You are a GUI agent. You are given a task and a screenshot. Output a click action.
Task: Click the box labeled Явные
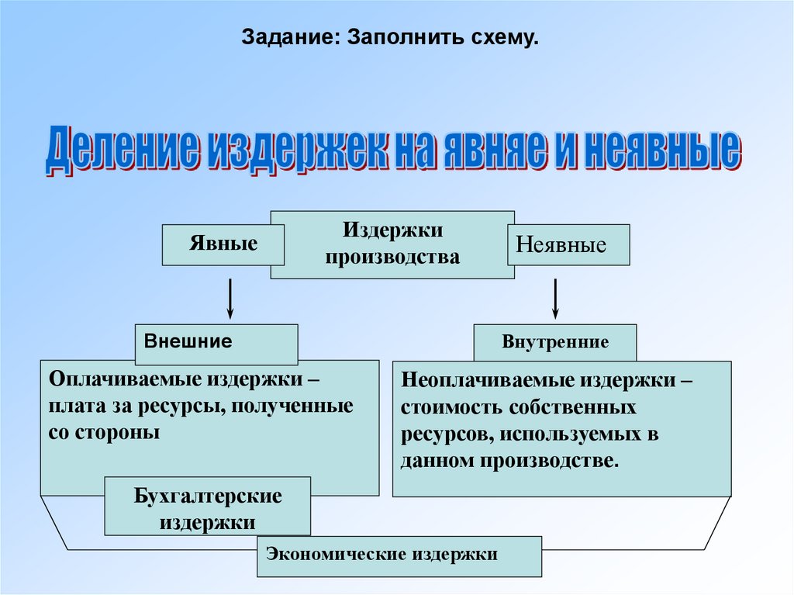click(223, 244)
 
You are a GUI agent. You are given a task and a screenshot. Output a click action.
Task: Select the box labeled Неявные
click(568, 245)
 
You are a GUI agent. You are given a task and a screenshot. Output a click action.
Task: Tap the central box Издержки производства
click(392, 244)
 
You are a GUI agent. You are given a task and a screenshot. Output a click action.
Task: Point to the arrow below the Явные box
click(230, 299)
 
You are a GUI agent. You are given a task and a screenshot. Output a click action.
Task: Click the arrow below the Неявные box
click(556, 299)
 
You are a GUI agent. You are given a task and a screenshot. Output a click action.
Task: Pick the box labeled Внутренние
click(555, 342)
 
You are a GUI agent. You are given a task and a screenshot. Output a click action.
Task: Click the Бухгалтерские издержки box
click(207, 506)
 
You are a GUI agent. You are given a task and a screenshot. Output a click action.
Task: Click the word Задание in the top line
click(287, 36)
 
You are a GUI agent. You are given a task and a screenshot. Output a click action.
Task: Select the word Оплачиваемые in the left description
click(121, 381)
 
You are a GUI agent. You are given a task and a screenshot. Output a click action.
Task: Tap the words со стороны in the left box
click(104, 432)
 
